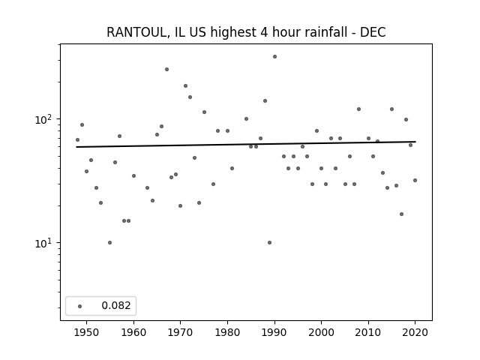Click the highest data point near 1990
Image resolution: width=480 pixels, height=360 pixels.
(x=274, y=57)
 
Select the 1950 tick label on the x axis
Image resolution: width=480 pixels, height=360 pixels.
(x=87, y=332)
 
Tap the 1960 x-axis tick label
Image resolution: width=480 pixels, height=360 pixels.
(x=133, y=332)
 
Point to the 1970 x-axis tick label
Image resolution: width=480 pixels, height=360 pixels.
(x=180, y=332)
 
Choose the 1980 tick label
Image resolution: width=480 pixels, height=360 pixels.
(x=227, y=332)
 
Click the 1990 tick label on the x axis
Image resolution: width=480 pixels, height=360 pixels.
(x=274, y=332)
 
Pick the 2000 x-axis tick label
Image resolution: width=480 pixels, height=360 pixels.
(x=321, y=332)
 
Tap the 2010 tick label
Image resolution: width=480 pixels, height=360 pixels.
(x=368, y=332)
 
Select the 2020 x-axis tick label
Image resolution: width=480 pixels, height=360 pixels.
(x=415, y=332)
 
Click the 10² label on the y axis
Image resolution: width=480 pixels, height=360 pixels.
(x=45, y=120)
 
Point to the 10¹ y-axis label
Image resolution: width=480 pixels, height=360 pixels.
(x=45, y=244)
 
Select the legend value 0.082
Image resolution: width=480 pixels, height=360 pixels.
(x=116, y=305)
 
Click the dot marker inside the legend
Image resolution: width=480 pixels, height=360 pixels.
(x=79, y=306)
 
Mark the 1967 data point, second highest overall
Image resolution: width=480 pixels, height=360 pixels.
(x=166, y=70)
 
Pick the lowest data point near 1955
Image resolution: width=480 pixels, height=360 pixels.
(x=110, y=243)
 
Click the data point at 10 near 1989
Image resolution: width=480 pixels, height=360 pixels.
(x=269, y=243)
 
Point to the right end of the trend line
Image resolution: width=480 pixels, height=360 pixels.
(x=415, y=142)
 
